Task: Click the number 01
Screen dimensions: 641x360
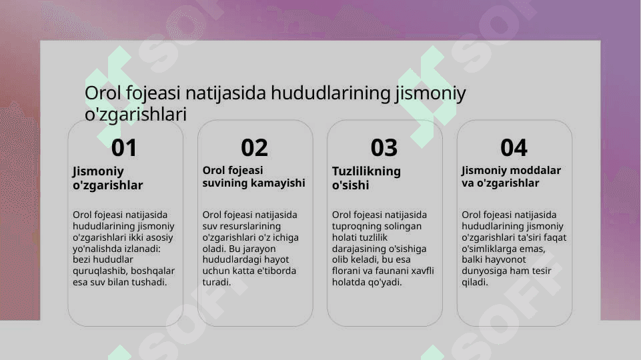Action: (x=124, y=147)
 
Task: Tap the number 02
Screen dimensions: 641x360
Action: (x=254, y=147)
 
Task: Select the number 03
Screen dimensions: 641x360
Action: (x=384, y=147)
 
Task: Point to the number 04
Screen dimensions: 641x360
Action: (x=514, y=147)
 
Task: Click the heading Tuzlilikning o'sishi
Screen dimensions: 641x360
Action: (x=366, y=178)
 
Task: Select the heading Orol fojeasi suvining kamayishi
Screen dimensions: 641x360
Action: (x=253, y=177)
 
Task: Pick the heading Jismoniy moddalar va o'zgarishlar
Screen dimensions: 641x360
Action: (x=511, y=177)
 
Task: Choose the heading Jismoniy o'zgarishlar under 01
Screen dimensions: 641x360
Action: (x=108, y=178)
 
